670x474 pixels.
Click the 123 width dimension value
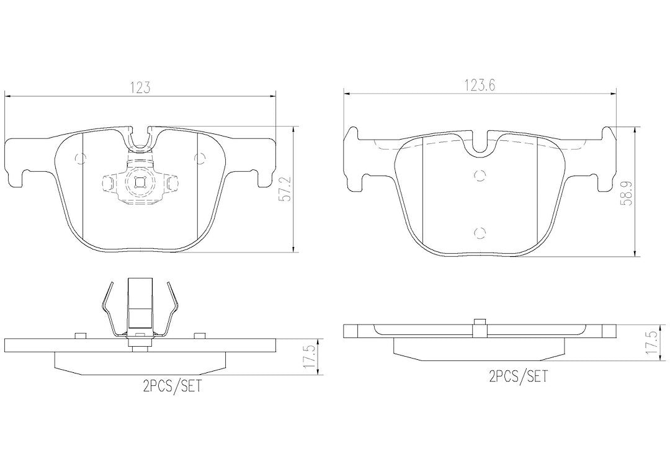[140, 87]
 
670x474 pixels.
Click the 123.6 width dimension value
[480, 85]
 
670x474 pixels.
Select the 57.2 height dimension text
[286, 189]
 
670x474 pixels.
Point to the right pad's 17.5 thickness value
[651, 341]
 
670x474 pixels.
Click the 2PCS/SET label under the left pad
[172, 387]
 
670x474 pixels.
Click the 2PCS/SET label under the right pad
[518, 376]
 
